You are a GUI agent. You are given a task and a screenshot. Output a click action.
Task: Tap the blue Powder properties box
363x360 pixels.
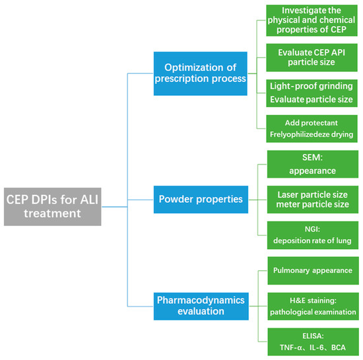pos(201,198)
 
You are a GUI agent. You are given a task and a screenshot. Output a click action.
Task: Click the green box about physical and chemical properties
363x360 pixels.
pos(312,22)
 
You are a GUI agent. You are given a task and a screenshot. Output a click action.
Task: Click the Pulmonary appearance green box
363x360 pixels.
pos(312,270)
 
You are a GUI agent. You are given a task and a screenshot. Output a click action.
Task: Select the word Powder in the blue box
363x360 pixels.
pos(178,198)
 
